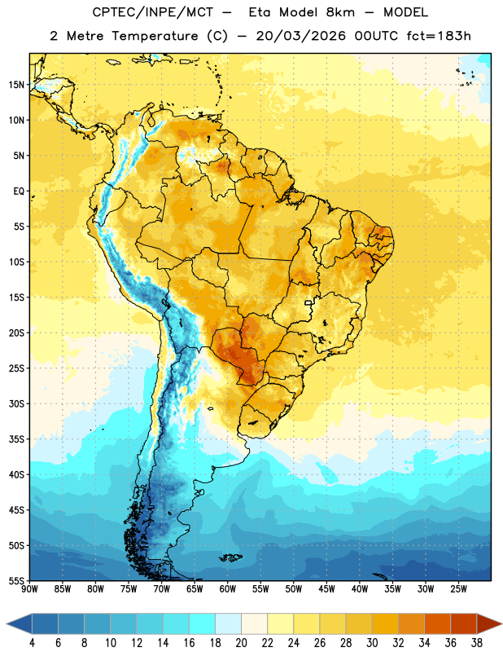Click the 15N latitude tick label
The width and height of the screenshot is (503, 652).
(16, 85)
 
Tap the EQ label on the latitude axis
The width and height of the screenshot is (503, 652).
(19, 192)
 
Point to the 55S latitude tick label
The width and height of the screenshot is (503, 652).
(16, 580)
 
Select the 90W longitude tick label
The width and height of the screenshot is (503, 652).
(29, 589)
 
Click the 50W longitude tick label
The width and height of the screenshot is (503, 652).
(294, 589)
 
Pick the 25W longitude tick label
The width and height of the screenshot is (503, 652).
(458, 589)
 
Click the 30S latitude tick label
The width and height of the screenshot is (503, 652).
(16, 403)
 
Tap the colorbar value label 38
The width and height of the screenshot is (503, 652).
(477, 643)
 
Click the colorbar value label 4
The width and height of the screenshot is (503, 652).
(32, 643)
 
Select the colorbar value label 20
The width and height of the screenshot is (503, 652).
(241, 643)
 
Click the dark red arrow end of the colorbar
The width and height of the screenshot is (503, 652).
(489, 623)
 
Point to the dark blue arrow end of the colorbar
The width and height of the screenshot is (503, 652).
(19, 623)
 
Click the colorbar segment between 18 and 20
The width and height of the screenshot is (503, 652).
(229, 623)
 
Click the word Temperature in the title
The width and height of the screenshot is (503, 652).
(155, 36)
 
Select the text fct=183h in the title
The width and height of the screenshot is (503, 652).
(439, 36)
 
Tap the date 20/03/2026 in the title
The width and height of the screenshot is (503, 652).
(300, 36)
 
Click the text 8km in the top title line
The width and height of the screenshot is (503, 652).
(340, 12)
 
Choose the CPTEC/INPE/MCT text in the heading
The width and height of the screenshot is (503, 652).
(152, 12)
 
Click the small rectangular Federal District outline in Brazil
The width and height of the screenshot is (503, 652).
(308, 302)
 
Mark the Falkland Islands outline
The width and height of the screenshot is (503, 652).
(231, 557)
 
